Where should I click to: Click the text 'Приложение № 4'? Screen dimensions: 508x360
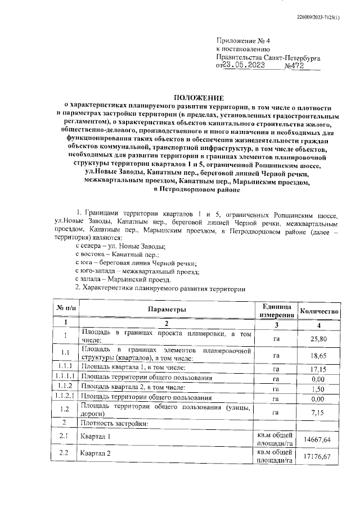244,41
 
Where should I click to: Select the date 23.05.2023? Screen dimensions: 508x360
251,65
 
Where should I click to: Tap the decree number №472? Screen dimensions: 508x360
295,65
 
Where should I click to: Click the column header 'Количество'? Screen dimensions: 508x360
319,311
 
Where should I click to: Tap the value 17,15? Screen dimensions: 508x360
319,368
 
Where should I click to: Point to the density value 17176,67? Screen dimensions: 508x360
319,457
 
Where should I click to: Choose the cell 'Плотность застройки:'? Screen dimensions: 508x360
115,423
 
